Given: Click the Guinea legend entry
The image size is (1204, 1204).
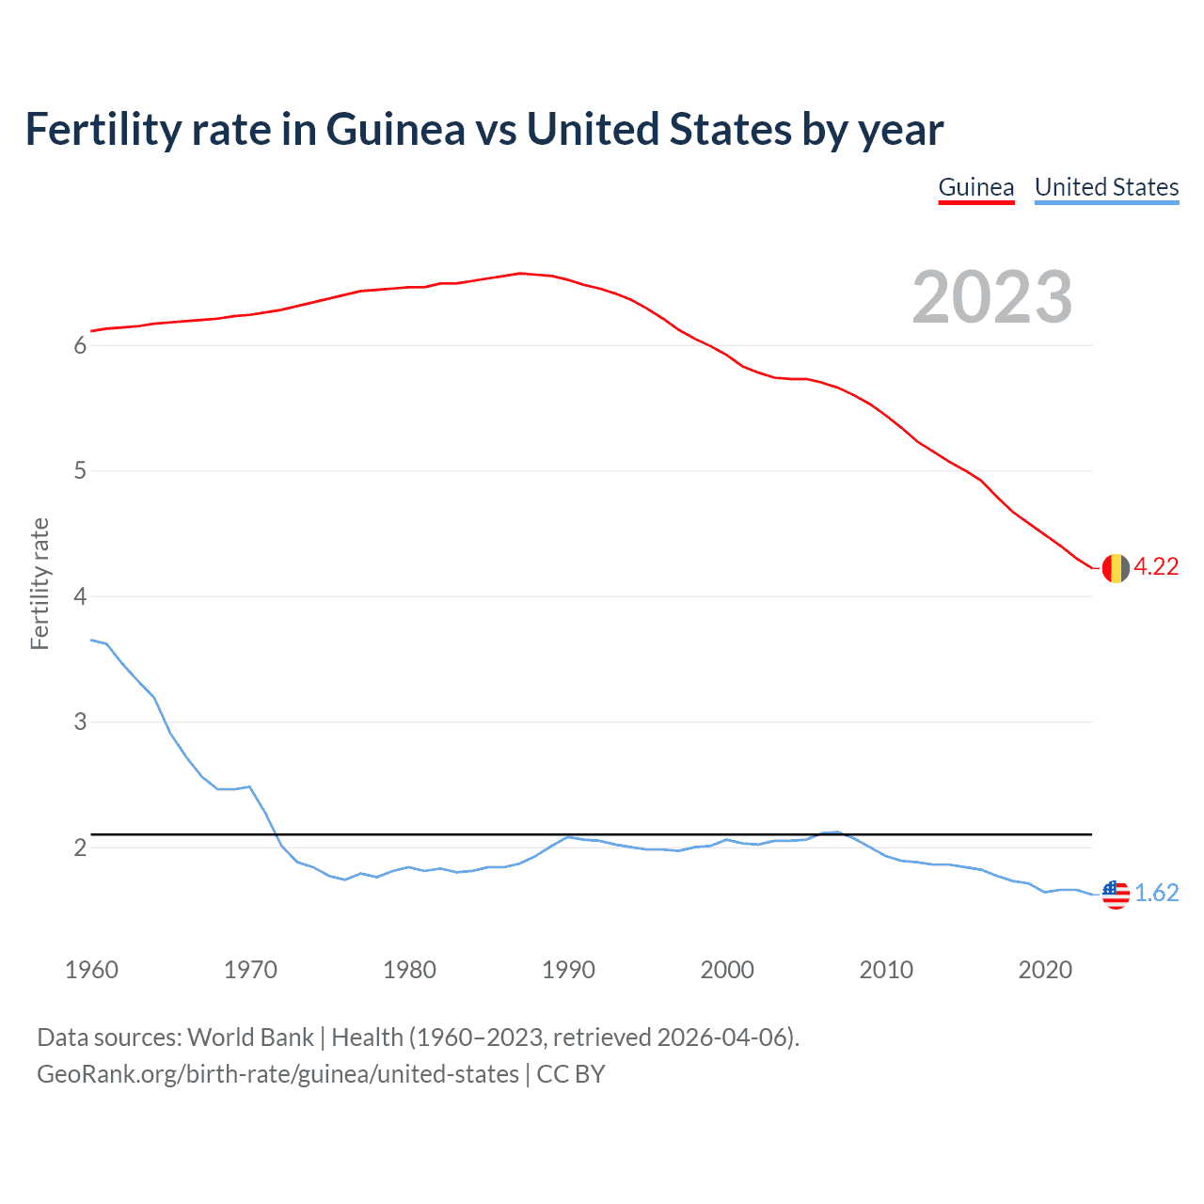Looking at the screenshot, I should click(976, 187).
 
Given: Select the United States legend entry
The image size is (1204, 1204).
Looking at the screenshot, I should click(1106, 187).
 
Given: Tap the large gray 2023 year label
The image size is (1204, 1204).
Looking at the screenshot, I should click(992, 297).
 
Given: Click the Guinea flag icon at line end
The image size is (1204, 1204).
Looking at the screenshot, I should click(1116, 568).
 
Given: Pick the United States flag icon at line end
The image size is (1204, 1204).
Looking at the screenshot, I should click(1116, 894).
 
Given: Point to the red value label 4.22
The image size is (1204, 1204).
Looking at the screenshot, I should click(1156, 566).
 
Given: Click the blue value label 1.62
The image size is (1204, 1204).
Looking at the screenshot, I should click(1156, 893).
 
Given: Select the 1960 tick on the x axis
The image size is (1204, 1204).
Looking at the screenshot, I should click(91, 970).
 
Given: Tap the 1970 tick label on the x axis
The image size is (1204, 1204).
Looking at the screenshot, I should click(250, 970).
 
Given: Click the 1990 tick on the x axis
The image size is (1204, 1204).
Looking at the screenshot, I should click(568, 970).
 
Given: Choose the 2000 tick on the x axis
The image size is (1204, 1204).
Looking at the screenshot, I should click(727, 970).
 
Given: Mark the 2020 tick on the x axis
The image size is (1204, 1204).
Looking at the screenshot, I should click(1045, 970).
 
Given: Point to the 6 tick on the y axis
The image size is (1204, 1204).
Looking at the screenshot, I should click(80, 345).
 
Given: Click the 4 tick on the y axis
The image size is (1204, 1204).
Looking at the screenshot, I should click(80, 596).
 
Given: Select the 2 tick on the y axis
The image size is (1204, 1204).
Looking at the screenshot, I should click(80, 848).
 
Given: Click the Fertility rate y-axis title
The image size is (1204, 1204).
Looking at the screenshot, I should click(40, 583).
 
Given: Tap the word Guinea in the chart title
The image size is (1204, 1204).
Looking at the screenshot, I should click(395, 130).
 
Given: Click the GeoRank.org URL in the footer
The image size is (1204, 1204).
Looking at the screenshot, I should click(277, 1074).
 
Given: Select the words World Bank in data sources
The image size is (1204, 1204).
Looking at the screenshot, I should click(250, 1038).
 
